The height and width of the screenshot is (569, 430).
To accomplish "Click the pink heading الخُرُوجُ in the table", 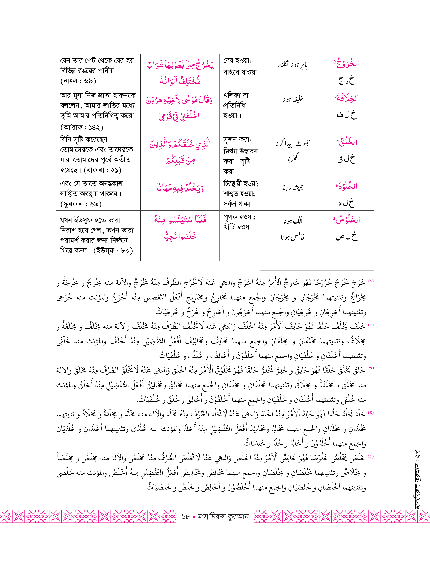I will point(347,63).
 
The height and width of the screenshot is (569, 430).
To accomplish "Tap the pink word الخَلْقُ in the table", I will point(347,142).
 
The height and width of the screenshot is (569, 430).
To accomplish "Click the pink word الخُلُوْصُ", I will point(347,220).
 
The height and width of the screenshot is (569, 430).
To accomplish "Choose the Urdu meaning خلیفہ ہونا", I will point(293,99).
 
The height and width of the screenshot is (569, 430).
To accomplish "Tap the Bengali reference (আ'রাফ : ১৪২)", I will point(82,127).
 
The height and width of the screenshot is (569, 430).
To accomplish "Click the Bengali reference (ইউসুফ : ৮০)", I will point(113,251).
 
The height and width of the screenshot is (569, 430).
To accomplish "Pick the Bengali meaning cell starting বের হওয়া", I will point(242,66).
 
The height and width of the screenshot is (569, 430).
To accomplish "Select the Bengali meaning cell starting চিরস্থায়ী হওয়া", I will point(241,193).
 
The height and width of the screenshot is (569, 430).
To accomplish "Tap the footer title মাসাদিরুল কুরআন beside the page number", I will point(223,516).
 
